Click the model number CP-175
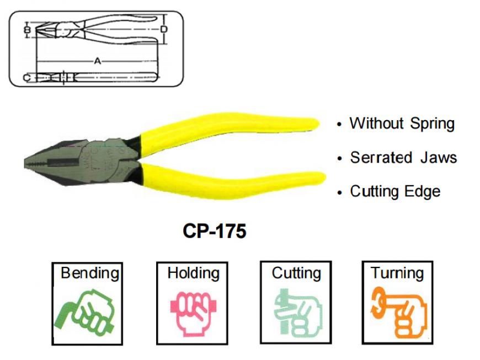coord(214,230)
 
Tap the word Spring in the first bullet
coord(432,124)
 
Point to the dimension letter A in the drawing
coord(97,61)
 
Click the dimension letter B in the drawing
coord(27,30)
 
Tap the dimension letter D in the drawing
coord(164,29)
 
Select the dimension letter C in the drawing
coord(27,78)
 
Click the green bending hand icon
coord(84,312)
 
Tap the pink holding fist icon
coord(194,314)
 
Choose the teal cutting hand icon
coord(297,313)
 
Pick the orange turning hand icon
coord(398,312)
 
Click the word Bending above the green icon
coord(90,273)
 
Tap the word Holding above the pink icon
coord(194,273)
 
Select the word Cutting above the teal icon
coord(296,273)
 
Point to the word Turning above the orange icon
coord(397,273)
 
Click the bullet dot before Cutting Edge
coord(339,193)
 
